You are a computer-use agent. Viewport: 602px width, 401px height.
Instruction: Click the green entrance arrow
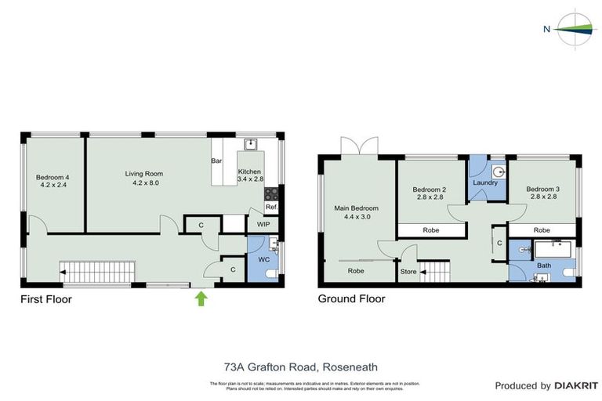tap(201, 298)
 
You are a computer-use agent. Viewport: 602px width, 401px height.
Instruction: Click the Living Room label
tap(143, 174)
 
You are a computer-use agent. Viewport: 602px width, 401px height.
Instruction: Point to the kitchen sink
tap(251, 144)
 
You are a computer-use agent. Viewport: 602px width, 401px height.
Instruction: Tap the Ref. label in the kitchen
tap(271, 208)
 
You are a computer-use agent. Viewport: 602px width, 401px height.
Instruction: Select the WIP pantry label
tap(263, 224)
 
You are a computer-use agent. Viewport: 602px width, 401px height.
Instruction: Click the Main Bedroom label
tap(357, 208)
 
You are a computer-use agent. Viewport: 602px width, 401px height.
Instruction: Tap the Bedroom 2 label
tap(429, 189)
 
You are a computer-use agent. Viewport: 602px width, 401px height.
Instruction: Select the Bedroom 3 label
tap(542, 189)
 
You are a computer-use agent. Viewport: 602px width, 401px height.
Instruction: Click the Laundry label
tap(486, 182)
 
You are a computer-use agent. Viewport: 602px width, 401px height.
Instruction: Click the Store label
tap(408, 271)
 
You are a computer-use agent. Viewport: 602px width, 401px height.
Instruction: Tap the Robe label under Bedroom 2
tap(430, 230)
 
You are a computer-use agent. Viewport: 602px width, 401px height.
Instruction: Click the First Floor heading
tap(46, 298)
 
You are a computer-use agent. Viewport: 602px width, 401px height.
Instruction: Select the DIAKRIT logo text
tap(576, 385)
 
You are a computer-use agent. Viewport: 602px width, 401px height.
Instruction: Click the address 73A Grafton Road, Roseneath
tap(301, 366)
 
